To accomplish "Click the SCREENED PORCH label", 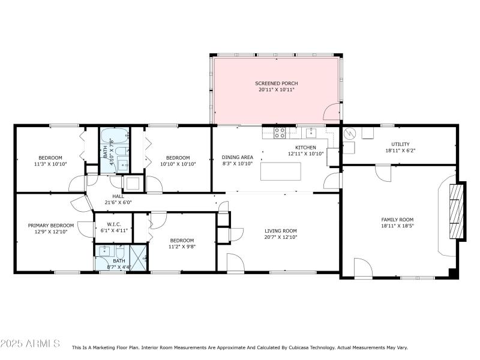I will pyautogui.click(x=276, y=83).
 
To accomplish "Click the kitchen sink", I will pyautogui.click(x=311, y=133).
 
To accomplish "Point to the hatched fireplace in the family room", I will pyautogui.click(x=457, y=211).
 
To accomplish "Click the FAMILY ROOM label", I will pyautogui.click(x=397, y=220).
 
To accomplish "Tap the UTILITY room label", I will pyautogui.click(x=400, y=144).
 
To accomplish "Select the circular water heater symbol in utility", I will pyautogui.click(x=349, y=147).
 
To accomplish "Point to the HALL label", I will pyautogui.click(x=118, y=196).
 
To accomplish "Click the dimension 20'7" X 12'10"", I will pyautogui.click(x=281, y=238).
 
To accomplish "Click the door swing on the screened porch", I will pyautogui.click(x=331, y=112).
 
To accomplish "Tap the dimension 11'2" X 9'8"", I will pyautogui.click(x=182, y=246).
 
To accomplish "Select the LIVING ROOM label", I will pyautogui.click(x=281, y=231).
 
